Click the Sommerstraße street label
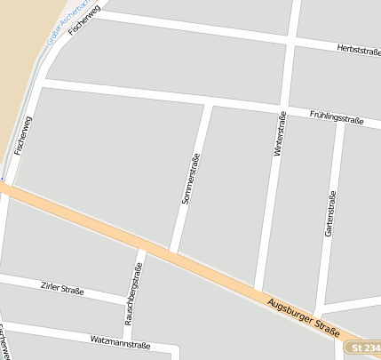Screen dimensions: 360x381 coord(191,180)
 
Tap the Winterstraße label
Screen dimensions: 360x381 coord(279,135)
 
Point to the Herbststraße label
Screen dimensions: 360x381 coord(359,52)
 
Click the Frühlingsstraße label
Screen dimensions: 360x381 coord(337,116)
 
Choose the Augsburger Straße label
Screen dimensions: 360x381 coord(303,316)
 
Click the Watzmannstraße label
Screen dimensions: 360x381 coord(120,341)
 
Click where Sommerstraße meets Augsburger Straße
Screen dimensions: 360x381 coord(173,252)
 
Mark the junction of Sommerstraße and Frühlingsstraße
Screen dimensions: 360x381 coord(210,103)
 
